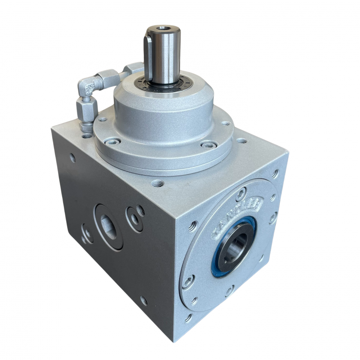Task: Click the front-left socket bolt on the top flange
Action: (x=112, y=141)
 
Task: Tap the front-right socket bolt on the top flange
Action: (x=208, y=145)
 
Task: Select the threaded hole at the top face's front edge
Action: (x=157, y=183)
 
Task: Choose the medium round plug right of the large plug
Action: (x=134, y=219)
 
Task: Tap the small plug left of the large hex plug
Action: (x=87, y=234)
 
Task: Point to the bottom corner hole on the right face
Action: (x=188, y=318)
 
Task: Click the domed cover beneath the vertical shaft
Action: (x=162, y=110)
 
